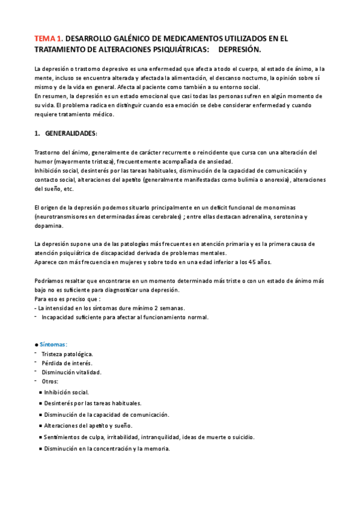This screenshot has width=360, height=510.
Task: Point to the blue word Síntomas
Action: pos(53,344)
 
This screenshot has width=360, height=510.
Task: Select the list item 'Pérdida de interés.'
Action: pos(67,363)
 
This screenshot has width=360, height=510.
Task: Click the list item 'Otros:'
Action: pos(50,381)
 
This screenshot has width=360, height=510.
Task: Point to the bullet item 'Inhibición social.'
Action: pos(66,392)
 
